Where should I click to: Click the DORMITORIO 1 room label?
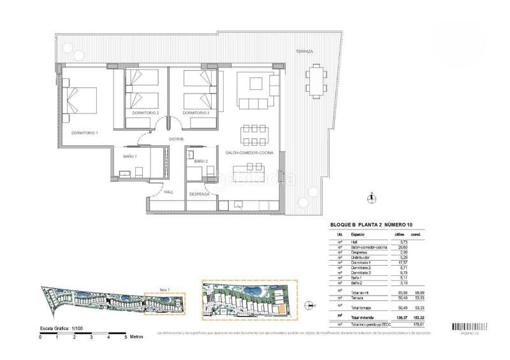point(84,133)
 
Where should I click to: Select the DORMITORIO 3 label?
point(196,113)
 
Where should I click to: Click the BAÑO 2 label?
point(201,161)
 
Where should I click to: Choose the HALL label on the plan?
point(168,191)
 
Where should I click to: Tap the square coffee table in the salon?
point(254,84)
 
